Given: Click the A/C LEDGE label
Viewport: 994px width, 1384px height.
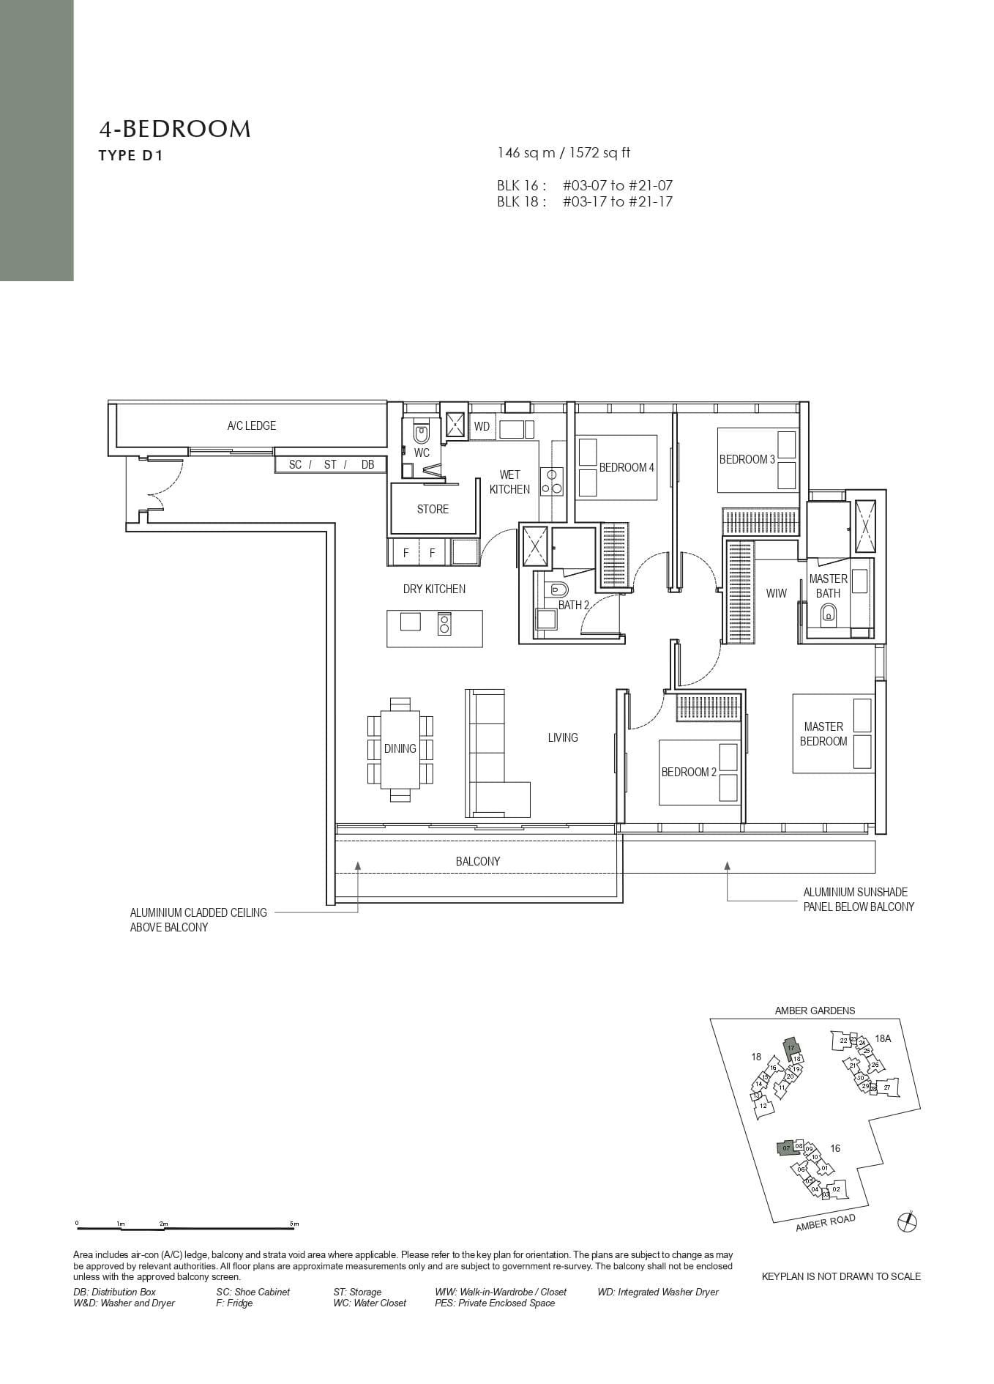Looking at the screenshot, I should click(251, 425).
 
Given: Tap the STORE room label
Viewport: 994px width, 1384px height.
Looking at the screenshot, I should click(433, 509).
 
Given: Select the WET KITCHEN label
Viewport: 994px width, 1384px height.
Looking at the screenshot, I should click(509, 482).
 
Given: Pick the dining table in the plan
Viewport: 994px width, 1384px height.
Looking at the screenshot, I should click(400, 748).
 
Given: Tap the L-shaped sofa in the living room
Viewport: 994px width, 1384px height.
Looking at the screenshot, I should click(490, 754).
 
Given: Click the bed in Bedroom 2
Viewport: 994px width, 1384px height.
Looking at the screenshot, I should click(699, 773).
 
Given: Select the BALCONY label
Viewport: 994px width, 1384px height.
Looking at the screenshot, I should click(477, 861).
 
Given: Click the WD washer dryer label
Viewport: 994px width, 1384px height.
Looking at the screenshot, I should click(482, 426).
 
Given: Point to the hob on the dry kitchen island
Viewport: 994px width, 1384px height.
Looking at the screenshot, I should click(444, 623).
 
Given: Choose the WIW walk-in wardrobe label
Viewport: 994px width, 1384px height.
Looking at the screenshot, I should click(776, 593).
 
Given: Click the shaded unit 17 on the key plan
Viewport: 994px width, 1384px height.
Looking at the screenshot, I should click(791, 1047).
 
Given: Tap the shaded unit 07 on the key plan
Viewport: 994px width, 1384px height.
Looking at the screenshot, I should click(785, 1148).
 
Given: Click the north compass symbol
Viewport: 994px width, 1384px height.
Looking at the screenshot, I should click(907, 1221).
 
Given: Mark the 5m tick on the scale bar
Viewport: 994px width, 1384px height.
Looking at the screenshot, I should click(294, 1224).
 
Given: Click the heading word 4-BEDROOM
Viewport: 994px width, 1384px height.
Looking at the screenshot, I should click(175, 130).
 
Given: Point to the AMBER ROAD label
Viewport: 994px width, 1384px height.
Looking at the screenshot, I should click(825, 1223).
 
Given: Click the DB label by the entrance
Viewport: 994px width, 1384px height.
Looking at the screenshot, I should click(367, 464).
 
